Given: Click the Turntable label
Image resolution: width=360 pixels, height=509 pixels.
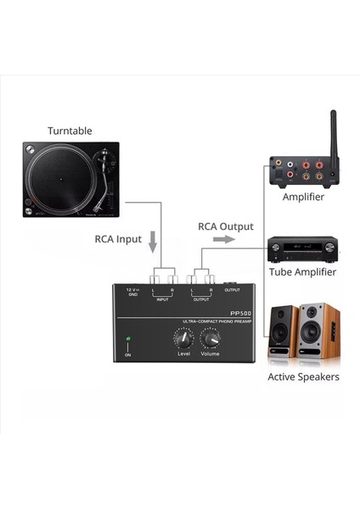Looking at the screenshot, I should point(70,131).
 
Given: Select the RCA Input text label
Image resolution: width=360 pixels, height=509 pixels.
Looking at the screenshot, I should point(117,239).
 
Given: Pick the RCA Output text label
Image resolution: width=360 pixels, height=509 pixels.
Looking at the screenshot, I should point(226,227).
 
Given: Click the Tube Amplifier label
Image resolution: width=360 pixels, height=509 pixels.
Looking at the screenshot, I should point(302,272).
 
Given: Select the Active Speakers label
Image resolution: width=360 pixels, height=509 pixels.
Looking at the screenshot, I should point(303,377).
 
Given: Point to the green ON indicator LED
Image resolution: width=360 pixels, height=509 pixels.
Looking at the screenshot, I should point(128,339).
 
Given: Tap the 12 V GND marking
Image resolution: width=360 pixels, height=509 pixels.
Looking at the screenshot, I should point(132,293).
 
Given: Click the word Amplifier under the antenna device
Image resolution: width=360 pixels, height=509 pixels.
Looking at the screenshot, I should point(303,197).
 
